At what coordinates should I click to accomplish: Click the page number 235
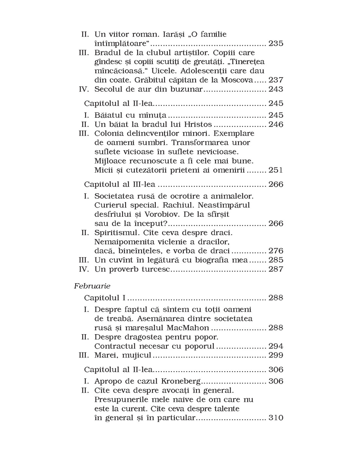[x=276, y=43]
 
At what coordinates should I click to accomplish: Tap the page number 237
[x=276, y=80]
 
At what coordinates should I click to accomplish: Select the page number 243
[x=276, y=89]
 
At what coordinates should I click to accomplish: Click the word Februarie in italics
[x=92, y=286]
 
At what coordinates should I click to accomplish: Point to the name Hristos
[x=198, y=125]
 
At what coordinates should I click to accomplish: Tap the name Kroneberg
[x=181, y=381]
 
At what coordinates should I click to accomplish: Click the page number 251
[x=276, y=170]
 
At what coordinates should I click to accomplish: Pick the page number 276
[x=276, y=251]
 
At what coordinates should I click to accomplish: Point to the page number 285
[x=276, y=260]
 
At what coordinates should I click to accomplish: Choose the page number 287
[x=276, y=269]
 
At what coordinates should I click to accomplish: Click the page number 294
[x=276, y=346]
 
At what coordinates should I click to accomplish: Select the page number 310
[x=276, y=418]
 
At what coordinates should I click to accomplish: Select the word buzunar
[x=186, y=89]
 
